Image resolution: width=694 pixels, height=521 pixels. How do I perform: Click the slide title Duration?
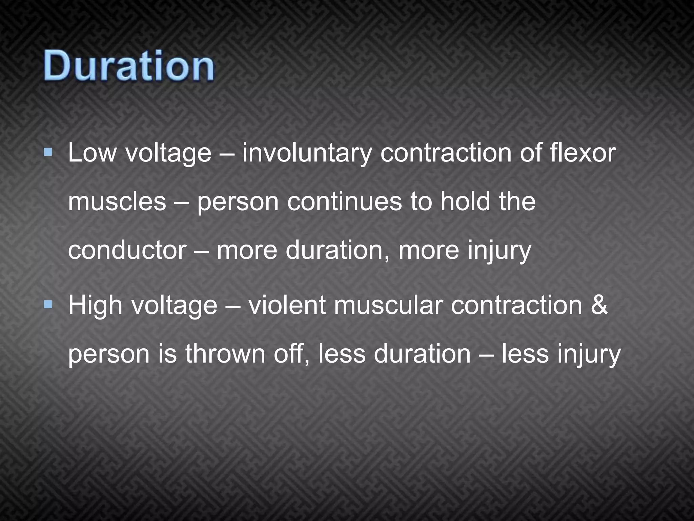(x=129, y=65)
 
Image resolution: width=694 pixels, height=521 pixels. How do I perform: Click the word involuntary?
(x=307, y=153)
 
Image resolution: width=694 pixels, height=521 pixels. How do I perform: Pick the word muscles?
(x=117, y=201)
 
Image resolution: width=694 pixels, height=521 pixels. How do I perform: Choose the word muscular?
(x=388, y=305)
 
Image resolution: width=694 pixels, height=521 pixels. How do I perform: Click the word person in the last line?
(x=109, y=355)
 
